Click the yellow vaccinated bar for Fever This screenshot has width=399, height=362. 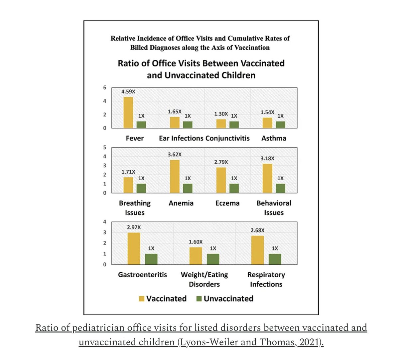point(128,113)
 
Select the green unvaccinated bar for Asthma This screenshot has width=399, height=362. point(280,125)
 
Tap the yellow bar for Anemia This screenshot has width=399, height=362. point(175,176)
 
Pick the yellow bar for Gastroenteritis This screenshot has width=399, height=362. point(134,248)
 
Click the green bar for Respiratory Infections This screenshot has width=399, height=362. point(275,259)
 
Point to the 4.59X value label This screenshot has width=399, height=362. point(128,92)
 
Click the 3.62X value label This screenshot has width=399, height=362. point(175,154)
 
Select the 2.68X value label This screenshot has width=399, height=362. point(257,230)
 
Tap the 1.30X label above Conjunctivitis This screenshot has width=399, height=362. point(221,114)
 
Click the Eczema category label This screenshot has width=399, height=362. point(227,203)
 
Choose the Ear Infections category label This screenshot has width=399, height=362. point(181,138)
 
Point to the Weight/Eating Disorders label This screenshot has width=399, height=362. point(204,279)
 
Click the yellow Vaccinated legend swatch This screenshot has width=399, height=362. point(142,299)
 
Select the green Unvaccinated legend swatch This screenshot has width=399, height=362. point(199,299)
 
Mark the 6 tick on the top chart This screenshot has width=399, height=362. point(104,88)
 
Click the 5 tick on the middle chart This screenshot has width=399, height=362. point(104,147)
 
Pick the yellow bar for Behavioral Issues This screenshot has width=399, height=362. point(267,178)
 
